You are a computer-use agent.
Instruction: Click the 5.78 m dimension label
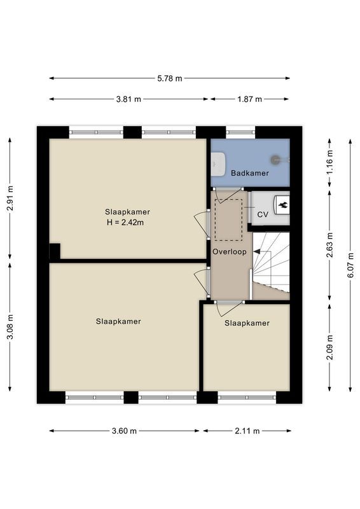pos(169,78)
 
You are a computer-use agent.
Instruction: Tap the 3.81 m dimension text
pos(128,99)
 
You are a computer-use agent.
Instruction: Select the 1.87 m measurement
pos(249,99)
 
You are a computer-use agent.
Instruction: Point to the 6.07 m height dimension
pos(350,265)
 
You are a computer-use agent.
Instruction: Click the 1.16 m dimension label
pos(330,162)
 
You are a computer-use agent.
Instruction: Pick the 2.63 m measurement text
pos(330,245)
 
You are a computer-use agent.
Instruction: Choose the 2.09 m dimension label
pos(330,347)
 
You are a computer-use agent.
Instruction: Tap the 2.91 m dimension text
pos(10,198)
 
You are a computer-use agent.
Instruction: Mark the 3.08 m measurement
pos(10,327)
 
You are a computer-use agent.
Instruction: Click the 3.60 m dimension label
pos(124,431)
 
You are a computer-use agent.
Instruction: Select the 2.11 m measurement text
pos(247,431)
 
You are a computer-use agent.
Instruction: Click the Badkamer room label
pos(250,173)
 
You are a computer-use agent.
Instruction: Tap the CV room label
pos(263,214)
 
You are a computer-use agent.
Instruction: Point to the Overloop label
pos(230,251)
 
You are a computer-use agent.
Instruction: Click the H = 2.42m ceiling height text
pos(125,222)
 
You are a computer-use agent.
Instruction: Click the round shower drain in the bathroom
pos(275,160)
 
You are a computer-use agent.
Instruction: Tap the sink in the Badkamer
pos(218,164)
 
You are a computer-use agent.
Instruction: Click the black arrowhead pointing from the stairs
pos(257,251)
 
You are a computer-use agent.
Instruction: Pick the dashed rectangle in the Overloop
pos(228,220)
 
